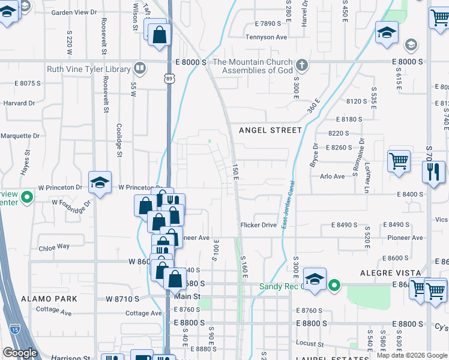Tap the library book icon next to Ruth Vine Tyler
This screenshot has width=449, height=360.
[140, 68]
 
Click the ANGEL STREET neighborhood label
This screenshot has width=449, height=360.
[270, 130]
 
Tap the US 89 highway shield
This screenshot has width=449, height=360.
[169, 78]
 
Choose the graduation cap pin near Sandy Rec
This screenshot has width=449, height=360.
[315, 278]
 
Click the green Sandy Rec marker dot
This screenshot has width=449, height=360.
[335, 286]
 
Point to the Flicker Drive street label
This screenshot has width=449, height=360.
[258, 225]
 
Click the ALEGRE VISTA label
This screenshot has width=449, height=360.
[384, 272]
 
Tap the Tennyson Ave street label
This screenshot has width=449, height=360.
[267, 37]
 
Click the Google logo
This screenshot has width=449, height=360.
[20, 353]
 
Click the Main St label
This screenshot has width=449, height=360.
[187, 296]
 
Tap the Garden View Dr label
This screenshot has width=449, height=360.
[74, 12]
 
